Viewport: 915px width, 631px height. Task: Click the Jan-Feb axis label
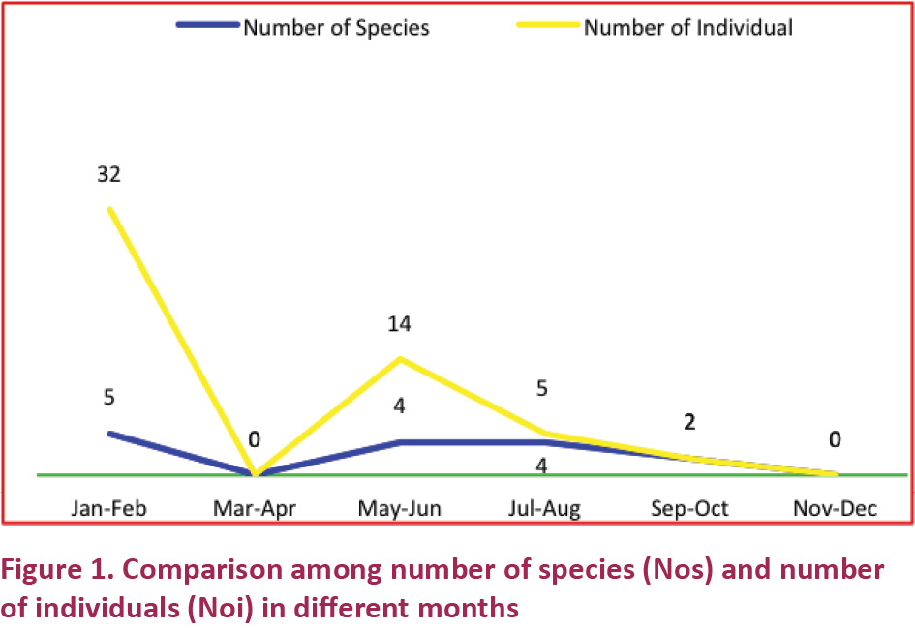(x=108, y=508)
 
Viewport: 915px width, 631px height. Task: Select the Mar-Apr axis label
(x=254, y=508)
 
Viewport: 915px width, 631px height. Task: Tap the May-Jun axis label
(x=399, y=508)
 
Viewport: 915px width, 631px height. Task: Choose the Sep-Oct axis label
(x=689, y=508)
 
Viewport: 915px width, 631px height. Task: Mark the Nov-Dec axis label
(x=835, y=508)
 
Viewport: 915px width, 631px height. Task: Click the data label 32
(x=108, y=175)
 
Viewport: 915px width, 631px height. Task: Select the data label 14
(x=399, y=324)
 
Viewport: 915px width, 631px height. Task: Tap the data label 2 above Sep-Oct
(x=689, y=423)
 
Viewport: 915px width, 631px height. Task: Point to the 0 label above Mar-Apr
(x=254, y=440)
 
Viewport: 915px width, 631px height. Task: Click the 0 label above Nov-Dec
(x=835, y=440)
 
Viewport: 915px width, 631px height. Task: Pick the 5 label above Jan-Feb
(x=109, y=398)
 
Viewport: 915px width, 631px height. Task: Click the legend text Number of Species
(x=336, y=27)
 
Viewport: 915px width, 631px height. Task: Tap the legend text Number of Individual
(x=687, y=27)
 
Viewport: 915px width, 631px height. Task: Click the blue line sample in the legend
(x=207, y=26)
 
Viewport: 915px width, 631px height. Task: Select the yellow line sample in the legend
(x=548, y=26)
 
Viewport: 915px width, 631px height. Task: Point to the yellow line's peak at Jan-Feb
(x=109, y=208)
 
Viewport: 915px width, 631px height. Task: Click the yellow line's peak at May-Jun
(x=399, y=359)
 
